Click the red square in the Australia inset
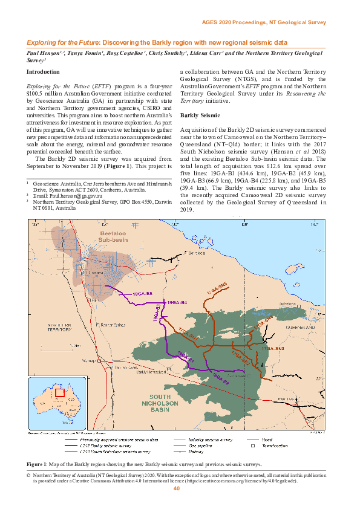[x=59, y=392]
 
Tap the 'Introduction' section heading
[x=43, y=72]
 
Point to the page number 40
[x=177, y=488]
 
